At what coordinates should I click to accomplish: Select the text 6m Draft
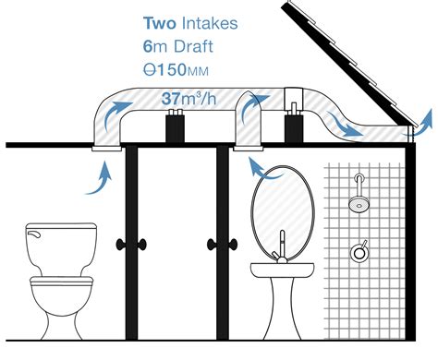(x=183, y=43)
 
